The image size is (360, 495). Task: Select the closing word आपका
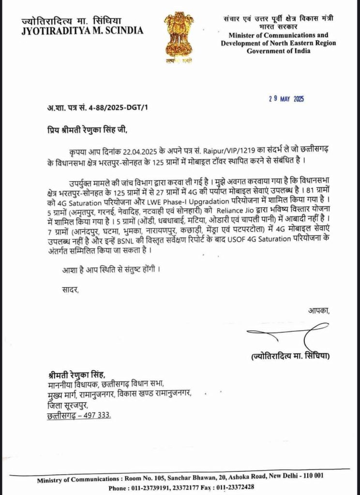pyautogui.click(x=319, y=311)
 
